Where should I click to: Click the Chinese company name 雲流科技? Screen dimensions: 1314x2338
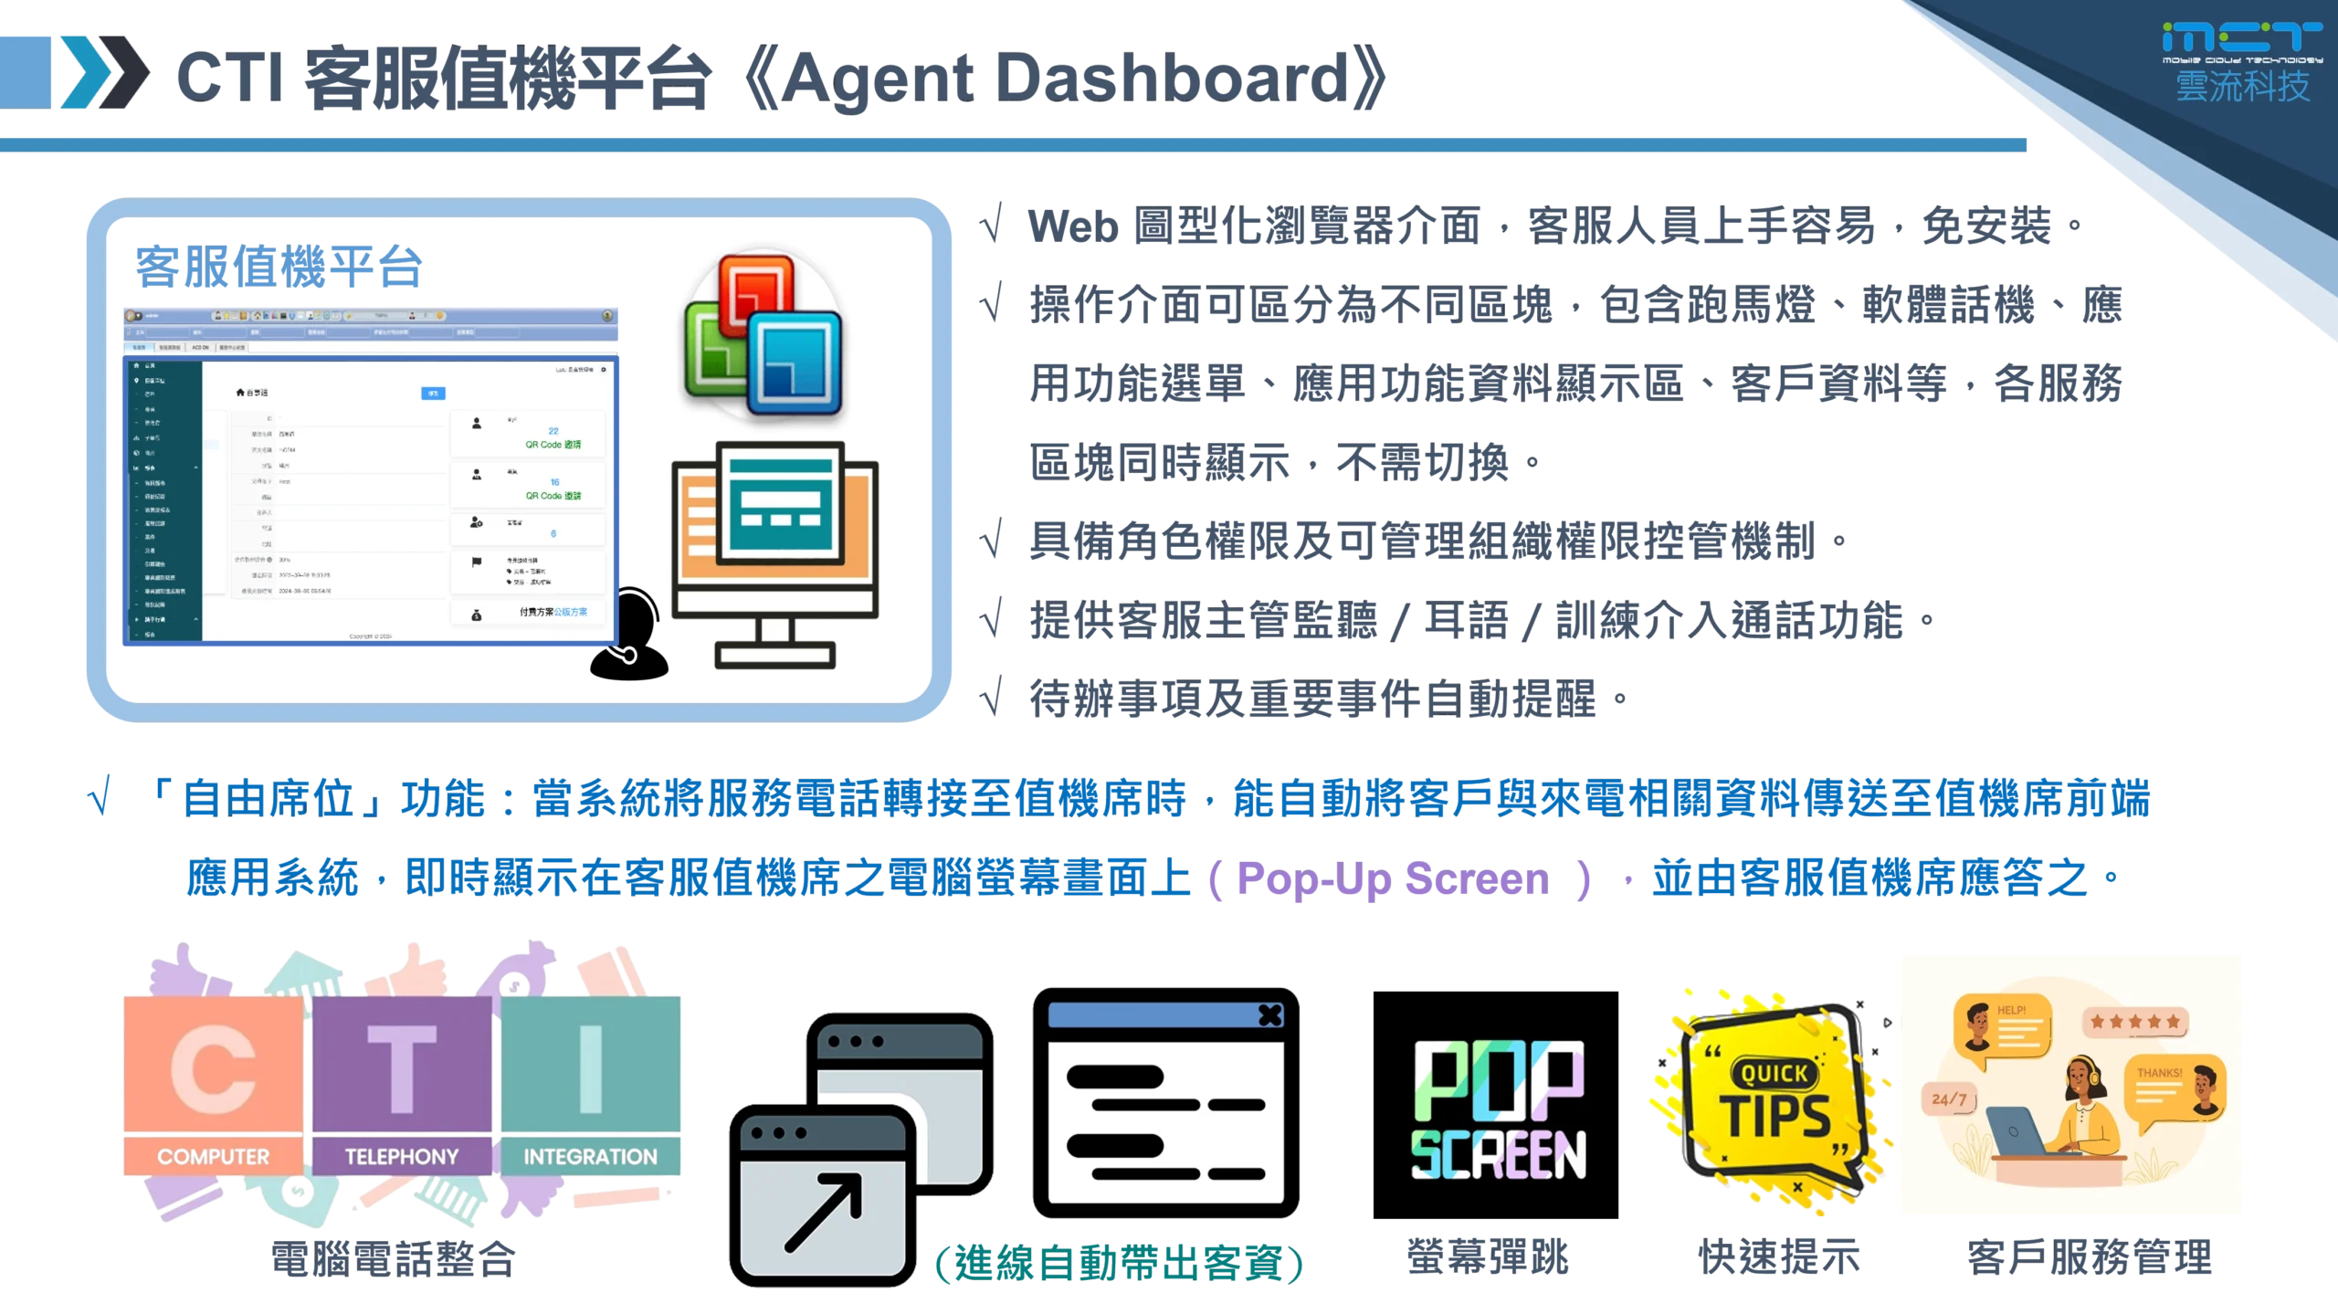point(2241,87)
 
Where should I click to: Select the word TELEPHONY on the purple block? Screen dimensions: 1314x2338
point(401,1157)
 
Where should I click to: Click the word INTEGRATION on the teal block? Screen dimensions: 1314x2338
point(590,1157)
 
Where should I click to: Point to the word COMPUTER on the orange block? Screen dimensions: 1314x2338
point(213,1157)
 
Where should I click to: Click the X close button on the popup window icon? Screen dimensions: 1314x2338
point(1269,1014)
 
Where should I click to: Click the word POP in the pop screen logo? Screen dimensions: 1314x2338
point(1498,1081)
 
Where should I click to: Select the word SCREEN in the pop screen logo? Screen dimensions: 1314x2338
point(1498,1155)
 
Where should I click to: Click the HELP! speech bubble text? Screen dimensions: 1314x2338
point(2011,1010)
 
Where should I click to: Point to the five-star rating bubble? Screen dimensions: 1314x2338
point(2133,1022)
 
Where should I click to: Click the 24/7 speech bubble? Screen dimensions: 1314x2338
point(1949,1099)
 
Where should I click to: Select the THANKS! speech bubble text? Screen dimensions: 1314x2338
point(2159,1073)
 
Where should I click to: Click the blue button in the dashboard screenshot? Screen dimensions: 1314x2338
point(433,394)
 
